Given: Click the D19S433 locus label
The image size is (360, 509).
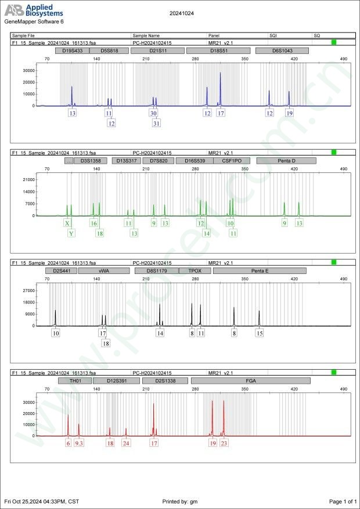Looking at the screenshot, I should point(73,50).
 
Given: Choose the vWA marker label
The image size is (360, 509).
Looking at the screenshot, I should point(104,270).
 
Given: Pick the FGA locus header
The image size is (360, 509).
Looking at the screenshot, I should point(251,381).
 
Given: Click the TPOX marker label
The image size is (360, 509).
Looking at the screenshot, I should point(195,270).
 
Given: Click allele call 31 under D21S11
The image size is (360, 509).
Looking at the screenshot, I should point(156,123).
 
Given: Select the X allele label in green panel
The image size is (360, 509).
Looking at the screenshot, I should point(68,223).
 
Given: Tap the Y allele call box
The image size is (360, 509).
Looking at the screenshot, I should point(71,233).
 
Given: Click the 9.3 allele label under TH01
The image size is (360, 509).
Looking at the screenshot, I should point(79,443).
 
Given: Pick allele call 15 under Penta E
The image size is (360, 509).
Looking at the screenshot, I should point(260,333).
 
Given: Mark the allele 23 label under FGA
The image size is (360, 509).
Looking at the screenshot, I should point(224,443).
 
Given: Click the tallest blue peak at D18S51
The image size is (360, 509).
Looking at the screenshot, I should point(220,74).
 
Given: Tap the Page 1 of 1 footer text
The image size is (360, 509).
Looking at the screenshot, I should point(343,501).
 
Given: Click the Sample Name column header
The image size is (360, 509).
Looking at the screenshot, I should point(146,35).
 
